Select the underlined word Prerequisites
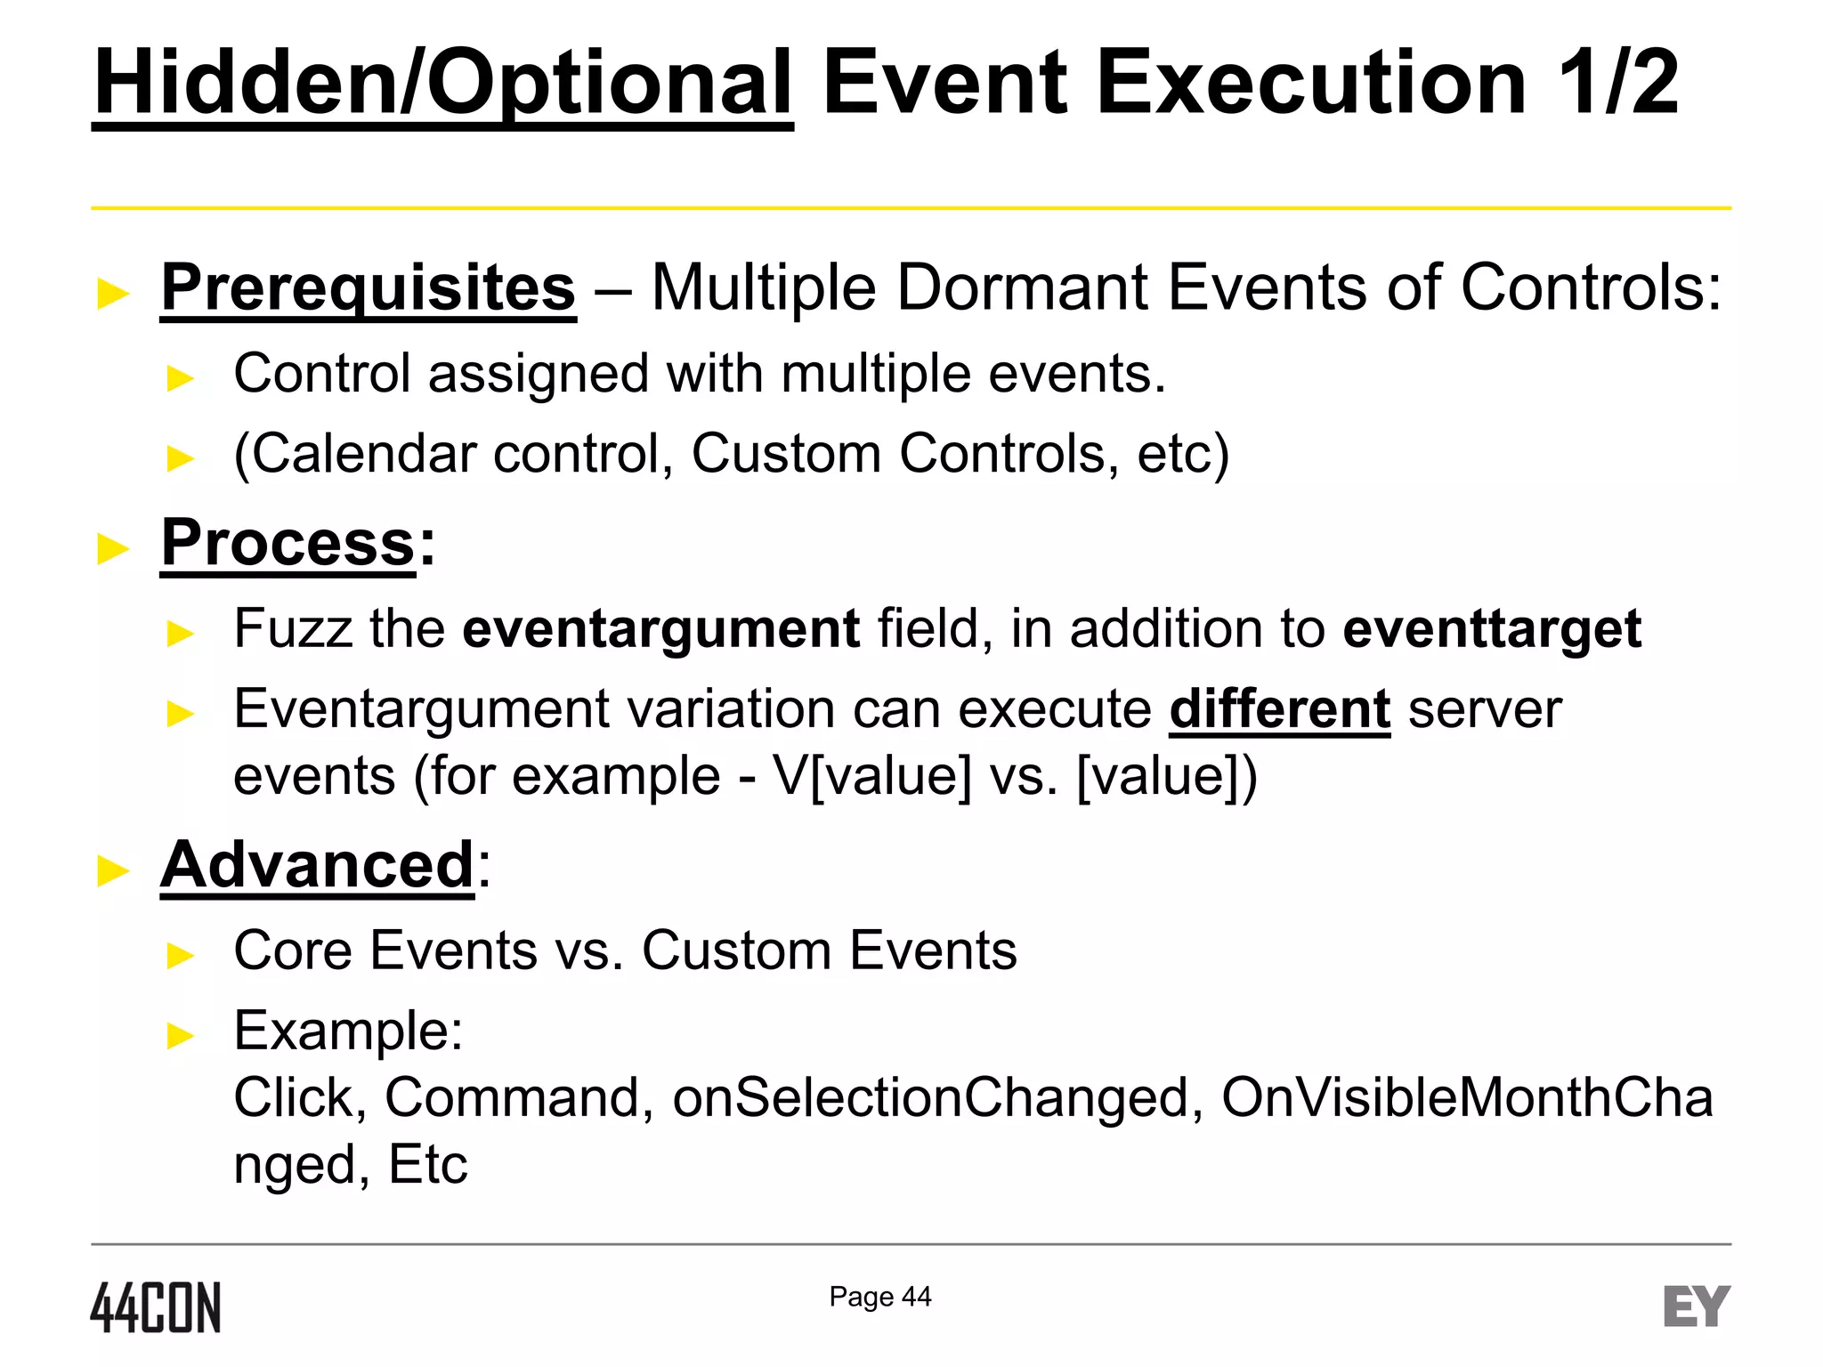point(368,287)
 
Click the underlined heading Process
point(288,543)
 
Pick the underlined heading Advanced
point(317,864)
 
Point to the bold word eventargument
point(660,628)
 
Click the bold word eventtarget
point(1492,628)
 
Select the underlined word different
point(1279,709)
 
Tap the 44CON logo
point(156,1307)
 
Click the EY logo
point(1696,1306)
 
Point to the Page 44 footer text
point(879,1297)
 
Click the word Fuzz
point(293,628)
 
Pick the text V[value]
point(872,776)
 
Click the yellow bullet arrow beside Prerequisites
point(113,293)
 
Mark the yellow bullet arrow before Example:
point(181,1035)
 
